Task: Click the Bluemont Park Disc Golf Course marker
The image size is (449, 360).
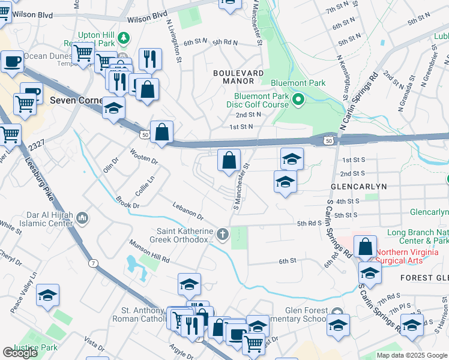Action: tap(298, 100)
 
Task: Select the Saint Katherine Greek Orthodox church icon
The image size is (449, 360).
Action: tap(223, 234)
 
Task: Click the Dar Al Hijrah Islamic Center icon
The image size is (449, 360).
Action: tap(83, 216)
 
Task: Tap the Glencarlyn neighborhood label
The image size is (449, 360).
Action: tap(357, 187)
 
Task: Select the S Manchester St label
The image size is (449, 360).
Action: tap(241, 179)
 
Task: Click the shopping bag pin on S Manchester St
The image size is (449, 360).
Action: tap(229, 161)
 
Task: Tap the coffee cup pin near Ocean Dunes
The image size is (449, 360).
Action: tap(12, 61)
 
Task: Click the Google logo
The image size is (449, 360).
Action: tap(20, 353)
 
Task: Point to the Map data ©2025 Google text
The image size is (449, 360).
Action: tap(411, 355)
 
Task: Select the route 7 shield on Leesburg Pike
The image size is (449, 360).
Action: tap(93, 263)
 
